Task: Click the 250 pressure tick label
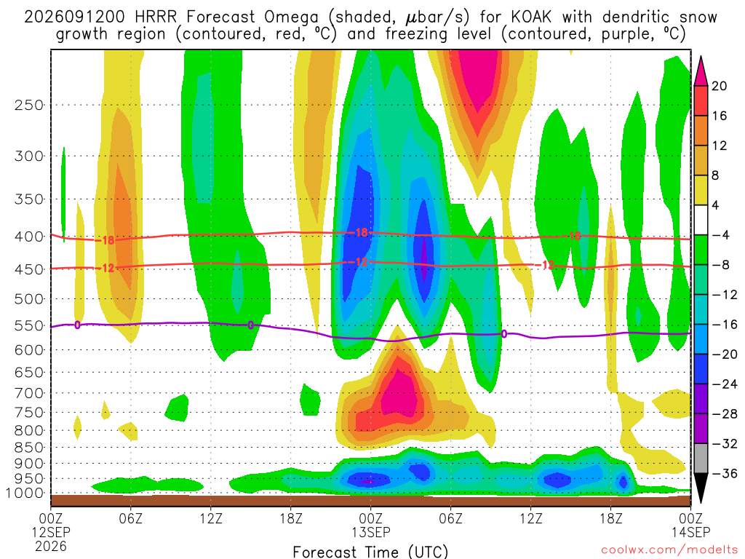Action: tap(28, 105)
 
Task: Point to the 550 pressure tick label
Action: tap(28, 325)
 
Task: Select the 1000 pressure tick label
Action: tap(25, 493)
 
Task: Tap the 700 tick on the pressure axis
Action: tap(28, 393)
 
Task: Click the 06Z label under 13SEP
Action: tap(450, 518)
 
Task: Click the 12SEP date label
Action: tap(51, 532)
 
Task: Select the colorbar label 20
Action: tap(720, 86)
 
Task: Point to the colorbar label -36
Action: tap(724, 473)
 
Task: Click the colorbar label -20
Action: tap(724, 354)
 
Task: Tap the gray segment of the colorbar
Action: tap(701, 459)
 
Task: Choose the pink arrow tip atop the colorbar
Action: tap(701, 57)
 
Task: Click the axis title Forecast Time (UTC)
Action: tap(370, 552)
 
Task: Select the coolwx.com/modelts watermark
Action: tap(669, 550)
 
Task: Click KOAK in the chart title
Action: tap(531, 17)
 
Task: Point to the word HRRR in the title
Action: tap(156, 17)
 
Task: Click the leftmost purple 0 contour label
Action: tap(77, 325)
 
